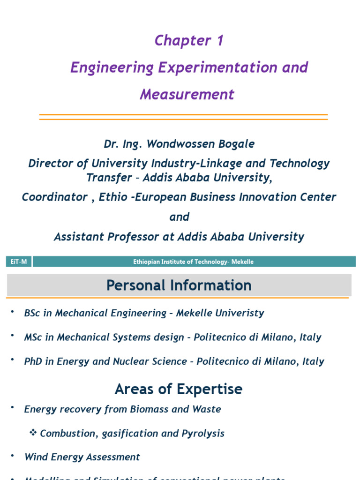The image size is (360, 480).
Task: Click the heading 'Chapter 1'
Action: [x=189, y=41]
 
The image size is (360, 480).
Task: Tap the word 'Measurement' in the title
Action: [x=187, y=95]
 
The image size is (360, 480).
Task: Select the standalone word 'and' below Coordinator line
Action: [x=180, y=217]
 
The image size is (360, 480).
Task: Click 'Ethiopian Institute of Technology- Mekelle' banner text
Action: [x=193, y=262]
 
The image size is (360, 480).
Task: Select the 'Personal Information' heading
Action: [x=179, y=285]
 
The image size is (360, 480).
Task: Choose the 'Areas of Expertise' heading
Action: [x=179, y=389]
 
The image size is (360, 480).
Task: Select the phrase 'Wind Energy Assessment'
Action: [x=82, y=457]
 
